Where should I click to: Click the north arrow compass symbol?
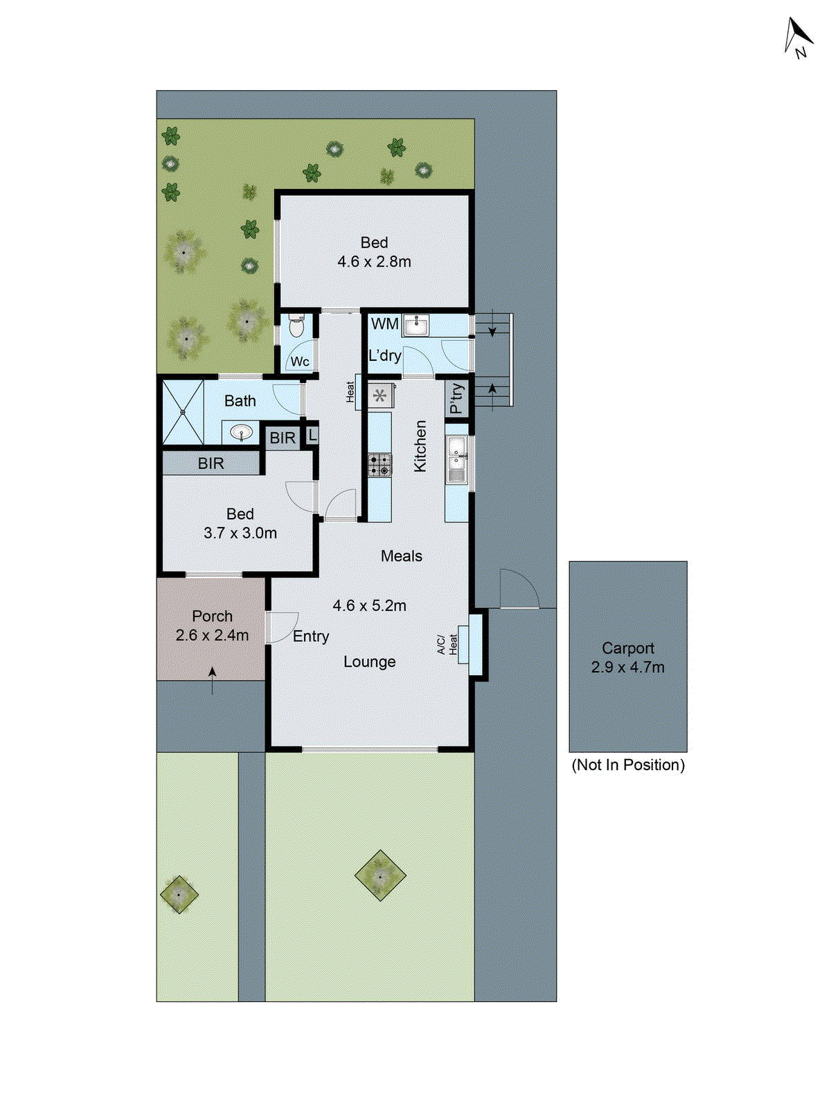click(x=798, y=37)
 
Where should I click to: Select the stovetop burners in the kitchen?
click(x=379, y=465)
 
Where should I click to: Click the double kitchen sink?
click(x=456, y=458)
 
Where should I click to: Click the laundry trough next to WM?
click(x=416, y=324)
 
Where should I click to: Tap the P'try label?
click(x=457, y=398)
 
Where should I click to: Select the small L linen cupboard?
click(x=312, y=436)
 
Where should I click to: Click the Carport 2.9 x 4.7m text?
click(x=627, y=658)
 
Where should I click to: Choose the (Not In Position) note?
click(x=627, y=765)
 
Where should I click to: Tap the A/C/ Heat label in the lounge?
click(x=447, y=644)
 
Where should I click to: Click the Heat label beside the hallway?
click(x=350, y=392)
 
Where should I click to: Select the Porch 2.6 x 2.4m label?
click(x=212, y=625)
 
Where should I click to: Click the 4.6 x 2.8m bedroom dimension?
click(x=374, y=262)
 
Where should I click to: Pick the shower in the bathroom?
click(x=184, y=412)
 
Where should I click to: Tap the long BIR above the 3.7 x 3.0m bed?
click(x=211, y=463)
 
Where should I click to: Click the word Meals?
click(x=401, y=556)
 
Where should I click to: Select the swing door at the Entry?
click(x=282, y=627)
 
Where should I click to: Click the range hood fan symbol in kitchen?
click(x=379, y=396)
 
